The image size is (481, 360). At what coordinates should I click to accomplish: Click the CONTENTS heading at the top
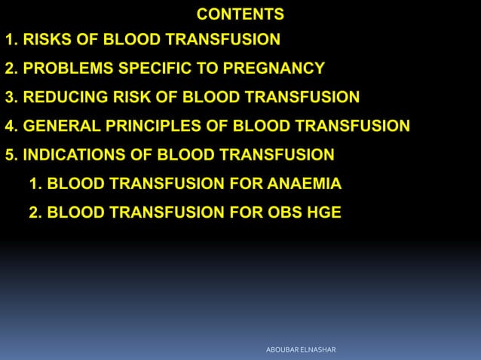240,14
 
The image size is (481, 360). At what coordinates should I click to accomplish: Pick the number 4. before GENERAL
11,126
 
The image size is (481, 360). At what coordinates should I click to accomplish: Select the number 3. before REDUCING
11,97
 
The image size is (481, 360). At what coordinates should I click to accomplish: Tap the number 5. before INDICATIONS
11,155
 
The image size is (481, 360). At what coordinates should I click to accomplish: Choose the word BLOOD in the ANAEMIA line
72,184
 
